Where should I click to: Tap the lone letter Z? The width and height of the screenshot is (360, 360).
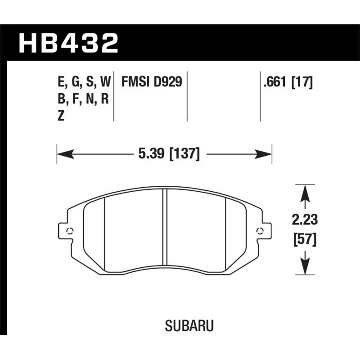[x=61, y=116]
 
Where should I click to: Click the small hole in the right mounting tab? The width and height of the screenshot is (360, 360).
[x=259, y=231]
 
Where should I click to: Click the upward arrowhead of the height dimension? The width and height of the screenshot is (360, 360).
[x=305, y=191]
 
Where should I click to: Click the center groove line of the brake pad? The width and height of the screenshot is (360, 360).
[x=165, y=232]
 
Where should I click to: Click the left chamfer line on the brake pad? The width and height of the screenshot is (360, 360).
[x=104, y=232]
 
